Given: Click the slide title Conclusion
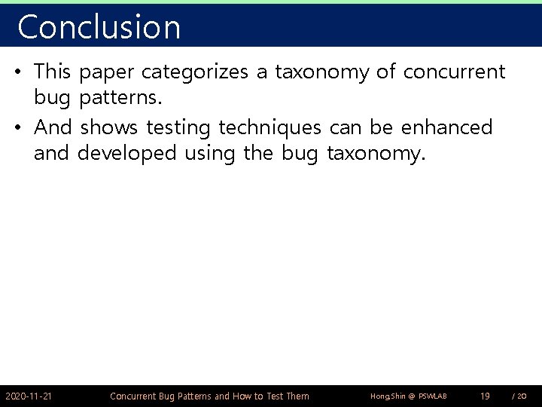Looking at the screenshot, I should point(99,27).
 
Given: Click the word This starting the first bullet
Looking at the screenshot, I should point(52,73).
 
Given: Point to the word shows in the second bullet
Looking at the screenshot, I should point(108,127).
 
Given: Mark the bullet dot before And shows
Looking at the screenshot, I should point(17,128).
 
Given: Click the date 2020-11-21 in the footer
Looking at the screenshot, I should point(29,396).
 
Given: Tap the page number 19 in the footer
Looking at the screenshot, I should point(486,396).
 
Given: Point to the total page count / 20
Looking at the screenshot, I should point(519,396).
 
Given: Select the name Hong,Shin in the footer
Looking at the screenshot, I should point(388,396).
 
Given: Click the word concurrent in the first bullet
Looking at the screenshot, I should point(454,73).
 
